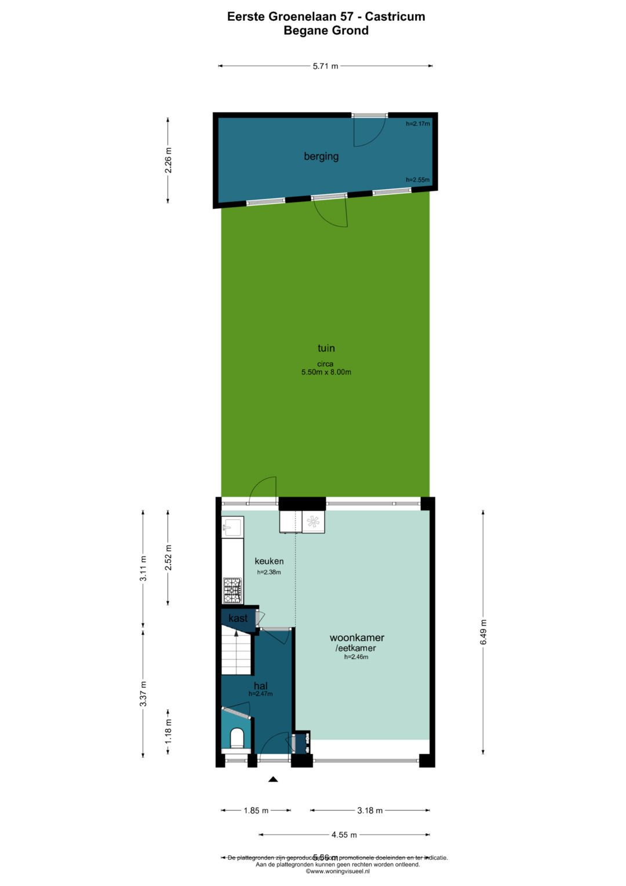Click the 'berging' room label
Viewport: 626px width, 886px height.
tap(321, 156)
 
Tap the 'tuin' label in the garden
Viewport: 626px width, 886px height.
tap(326, 348)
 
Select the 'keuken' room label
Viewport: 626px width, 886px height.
tap(269, 561)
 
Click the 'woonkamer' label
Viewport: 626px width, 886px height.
tap(356, 638)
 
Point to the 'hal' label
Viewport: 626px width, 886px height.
tap(260, 686)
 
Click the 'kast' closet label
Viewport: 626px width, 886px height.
tap(238, 619)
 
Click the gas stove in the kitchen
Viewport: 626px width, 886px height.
tap(232, 591)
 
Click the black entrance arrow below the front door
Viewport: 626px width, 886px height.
tap(273, 779)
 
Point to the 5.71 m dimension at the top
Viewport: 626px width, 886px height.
tap(325, 66)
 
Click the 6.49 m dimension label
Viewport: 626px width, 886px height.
tap(483, 632)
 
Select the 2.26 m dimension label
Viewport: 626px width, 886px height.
tap(168, 161)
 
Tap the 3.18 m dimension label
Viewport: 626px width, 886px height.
tap(370, 811)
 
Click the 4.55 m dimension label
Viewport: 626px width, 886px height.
tap(344, 835)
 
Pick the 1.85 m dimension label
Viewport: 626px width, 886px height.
tap(256, 811)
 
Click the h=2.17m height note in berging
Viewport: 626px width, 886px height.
tap(417, 124)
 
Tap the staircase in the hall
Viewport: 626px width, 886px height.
tap(236, 653)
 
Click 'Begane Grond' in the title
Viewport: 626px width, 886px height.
tap(326, 31)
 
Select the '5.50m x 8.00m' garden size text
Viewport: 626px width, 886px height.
tap(326, 372)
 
